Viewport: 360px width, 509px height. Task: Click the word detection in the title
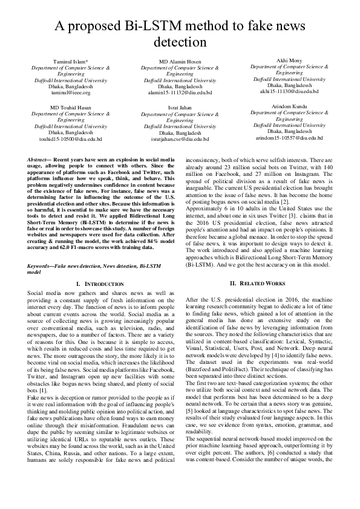(180, 42)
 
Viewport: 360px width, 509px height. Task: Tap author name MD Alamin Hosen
(180, 62)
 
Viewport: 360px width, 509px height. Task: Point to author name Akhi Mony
(289, 60)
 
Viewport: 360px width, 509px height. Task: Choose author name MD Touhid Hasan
(70, 108)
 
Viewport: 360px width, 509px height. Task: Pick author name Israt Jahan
(180, 108)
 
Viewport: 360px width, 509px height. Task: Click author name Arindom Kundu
(289, 106)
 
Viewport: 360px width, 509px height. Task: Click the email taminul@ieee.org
(70, 92)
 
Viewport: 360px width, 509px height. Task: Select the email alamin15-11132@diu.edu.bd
(180, 92)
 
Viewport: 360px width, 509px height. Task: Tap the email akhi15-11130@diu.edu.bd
(289, 91)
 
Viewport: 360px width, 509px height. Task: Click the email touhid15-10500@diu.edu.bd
(70, 138)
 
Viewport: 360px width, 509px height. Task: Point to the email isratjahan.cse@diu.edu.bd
(180, 138)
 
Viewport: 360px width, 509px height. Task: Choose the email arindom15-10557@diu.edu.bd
(289, 137)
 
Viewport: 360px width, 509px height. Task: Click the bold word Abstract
(38, 158)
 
